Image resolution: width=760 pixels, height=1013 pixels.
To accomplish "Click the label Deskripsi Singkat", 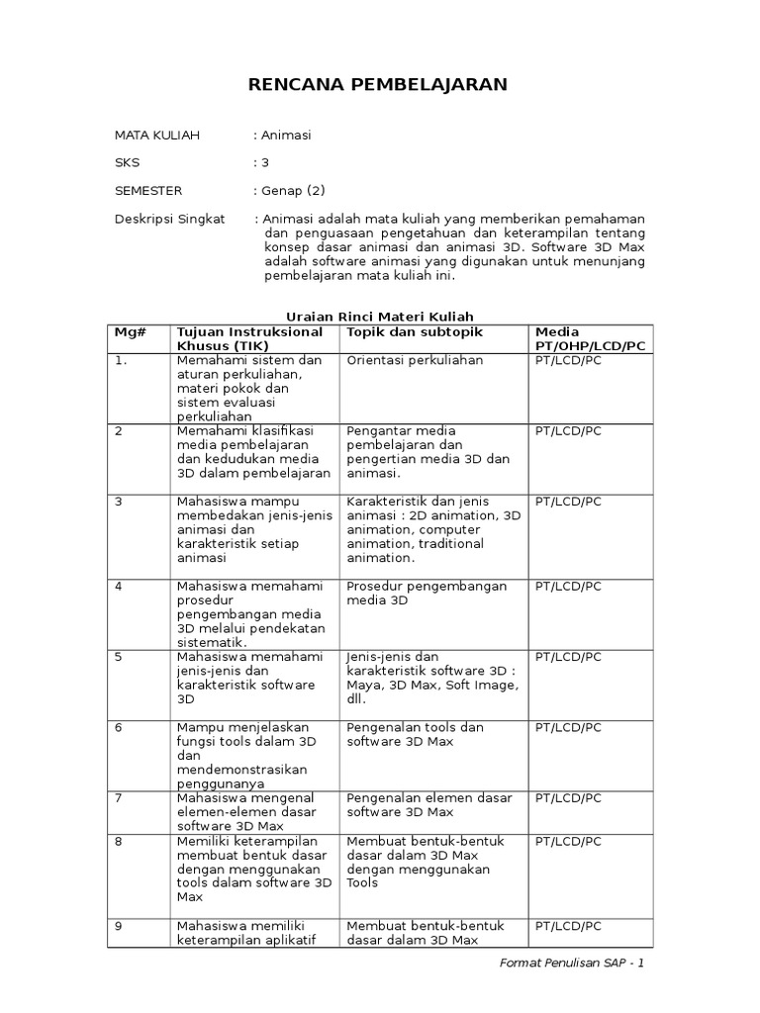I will point(169,219).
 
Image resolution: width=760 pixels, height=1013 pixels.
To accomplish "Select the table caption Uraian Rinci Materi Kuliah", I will point(380,316).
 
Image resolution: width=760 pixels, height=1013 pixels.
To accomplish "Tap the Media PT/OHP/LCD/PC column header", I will point(590,338).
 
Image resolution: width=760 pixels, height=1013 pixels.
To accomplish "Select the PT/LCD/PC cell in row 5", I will point(568,657).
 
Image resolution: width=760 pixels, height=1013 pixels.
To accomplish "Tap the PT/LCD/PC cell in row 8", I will point(568,841).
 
